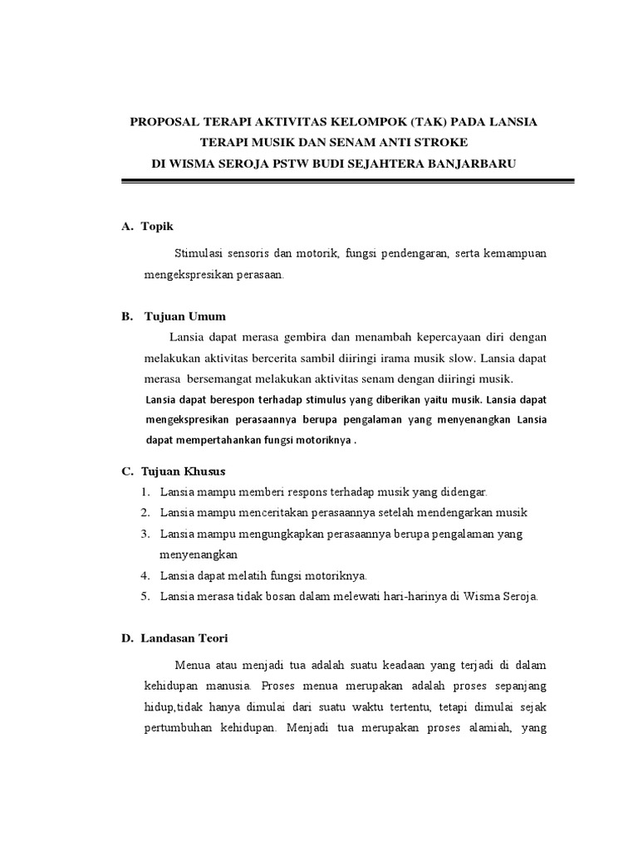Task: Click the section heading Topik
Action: (x=157, y=227)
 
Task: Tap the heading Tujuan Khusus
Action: (x=190, y=471)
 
